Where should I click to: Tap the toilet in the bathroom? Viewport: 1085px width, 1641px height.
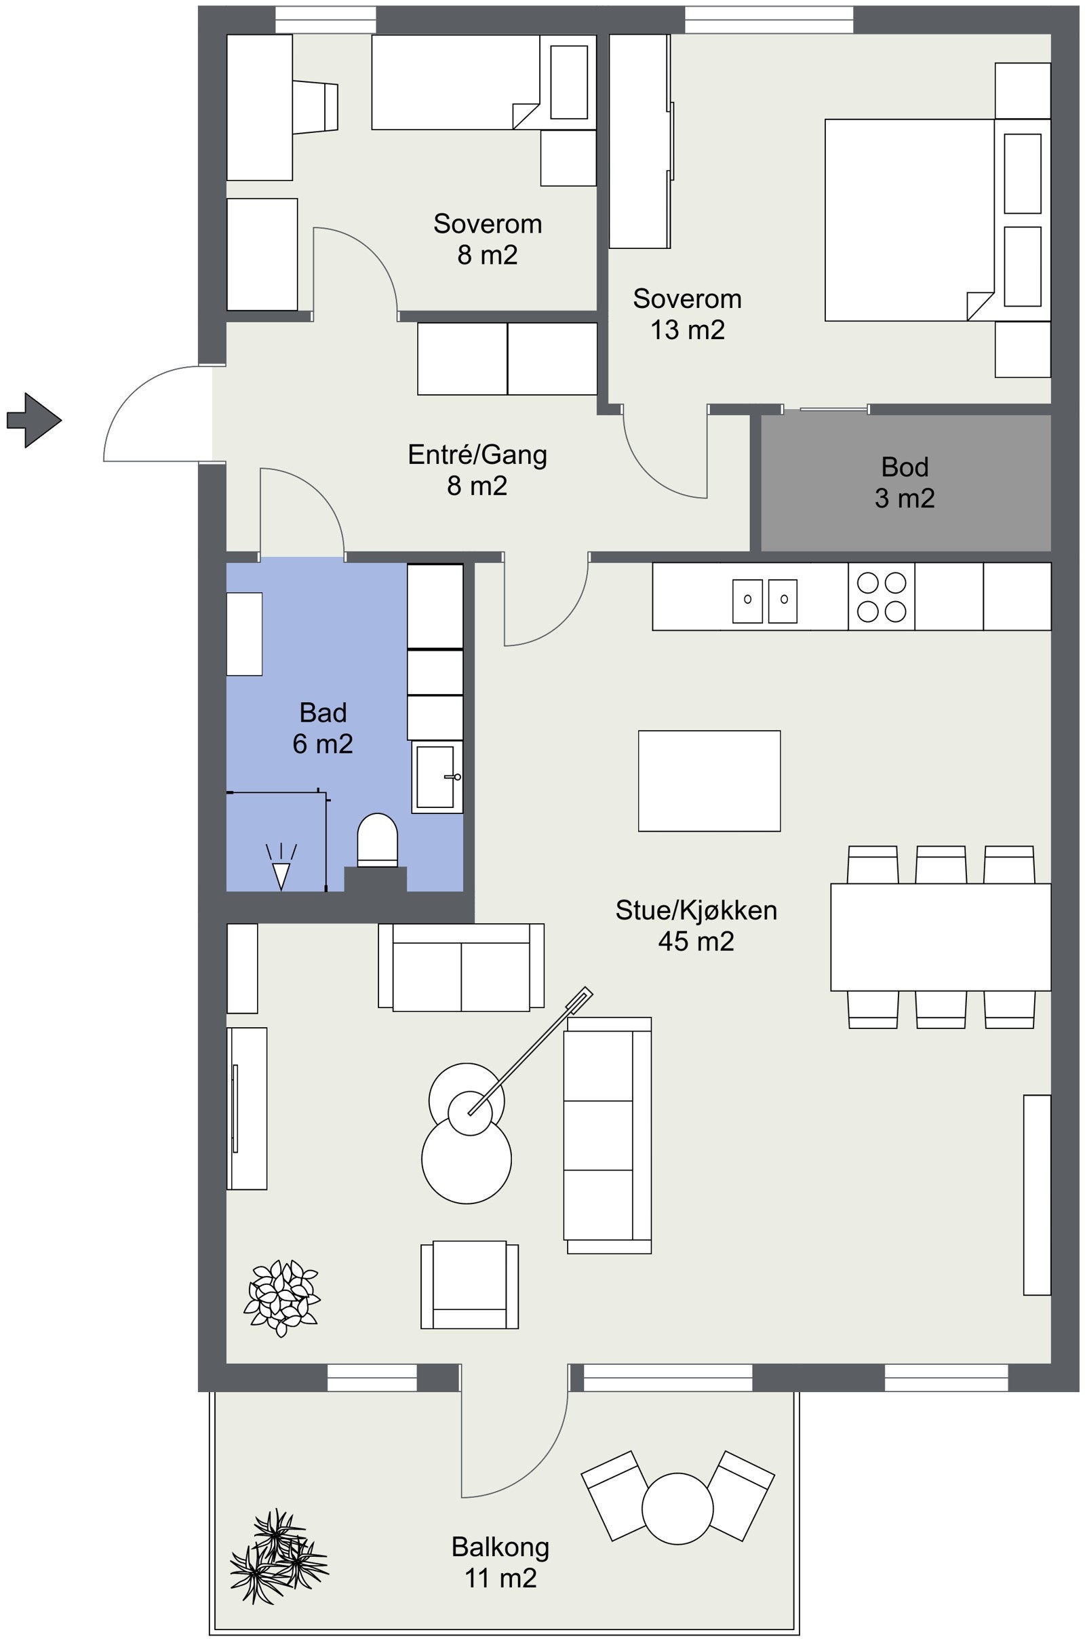tap(377, 840)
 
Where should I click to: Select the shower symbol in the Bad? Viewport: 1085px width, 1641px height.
tap(281, 868)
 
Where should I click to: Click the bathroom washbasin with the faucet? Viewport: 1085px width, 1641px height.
tap(436, 777)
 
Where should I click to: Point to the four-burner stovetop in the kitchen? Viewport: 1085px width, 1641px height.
tap(881, 596)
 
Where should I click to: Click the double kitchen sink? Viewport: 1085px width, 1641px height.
tap(765, 601)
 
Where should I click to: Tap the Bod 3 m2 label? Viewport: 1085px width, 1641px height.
tap(904, 482)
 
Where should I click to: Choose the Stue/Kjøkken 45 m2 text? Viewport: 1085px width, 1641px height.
tap(696, 925)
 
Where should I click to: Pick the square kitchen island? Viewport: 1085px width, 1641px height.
tap(709, 780)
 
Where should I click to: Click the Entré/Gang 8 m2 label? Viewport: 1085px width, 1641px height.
tap(477, 469)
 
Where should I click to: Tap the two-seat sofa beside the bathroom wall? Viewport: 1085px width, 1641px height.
tap(461, 967)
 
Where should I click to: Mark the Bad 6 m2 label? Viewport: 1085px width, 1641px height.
tap(323, 727)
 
